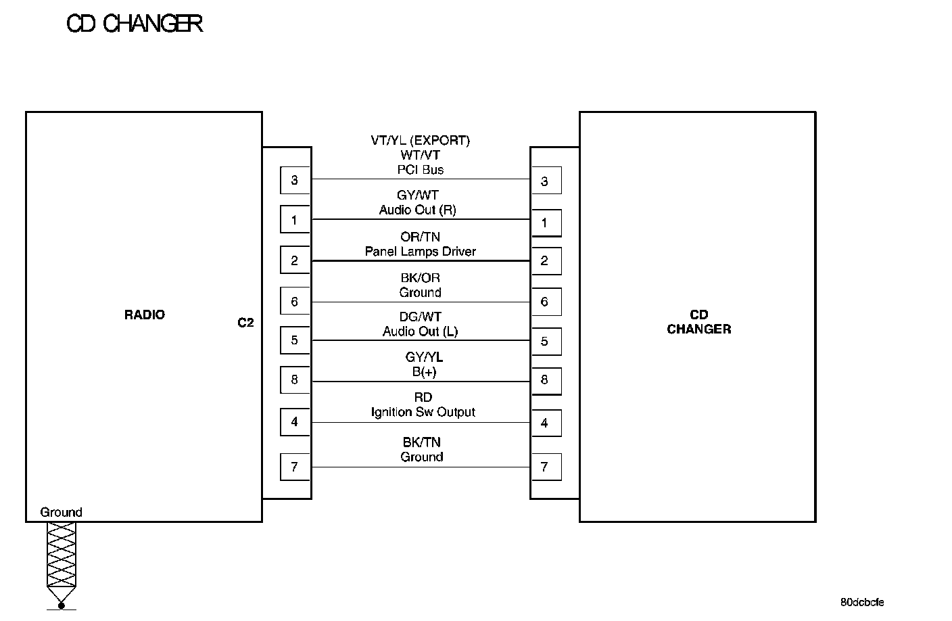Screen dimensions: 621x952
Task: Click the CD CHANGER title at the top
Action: click(x=135, y=24)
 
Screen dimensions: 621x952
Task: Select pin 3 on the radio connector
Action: click(x=294, y=180)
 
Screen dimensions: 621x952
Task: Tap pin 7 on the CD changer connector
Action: click(x=545, y=467)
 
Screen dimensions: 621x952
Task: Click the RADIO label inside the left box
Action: click(x=145, y=315)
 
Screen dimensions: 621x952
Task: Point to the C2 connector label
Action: click(x=245, y=323)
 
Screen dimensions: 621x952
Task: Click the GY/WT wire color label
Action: click(x=418, y=195)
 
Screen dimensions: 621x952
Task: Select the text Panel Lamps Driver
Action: click(x=421, y=252)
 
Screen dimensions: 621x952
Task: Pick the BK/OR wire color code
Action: click(x=420, y=277)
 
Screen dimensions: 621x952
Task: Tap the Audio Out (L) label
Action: click(x=420, y=331)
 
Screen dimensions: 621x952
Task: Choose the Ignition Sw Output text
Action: click(x=423, y=412)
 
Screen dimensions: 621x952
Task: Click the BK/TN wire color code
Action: click(x=422, y=442)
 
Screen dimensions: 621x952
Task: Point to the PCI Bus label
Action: click(x=421, y=170)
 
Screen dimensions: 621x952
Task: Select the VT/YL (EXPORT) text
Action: click(x=420, y=141)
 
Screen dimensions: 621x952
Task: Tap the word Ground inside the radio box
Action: click(x=61, y=512)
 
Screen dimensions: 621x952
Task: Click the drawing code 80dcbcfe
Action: click(x=862, y=602)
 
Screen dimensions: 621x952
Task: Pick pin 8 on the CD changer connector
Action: click(x=545, y=380)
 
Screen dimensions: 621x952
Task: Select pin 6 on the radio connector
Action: click(x=294, y=302)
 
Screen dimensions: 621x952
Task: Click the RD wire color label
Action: click(x=423, y=397)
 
